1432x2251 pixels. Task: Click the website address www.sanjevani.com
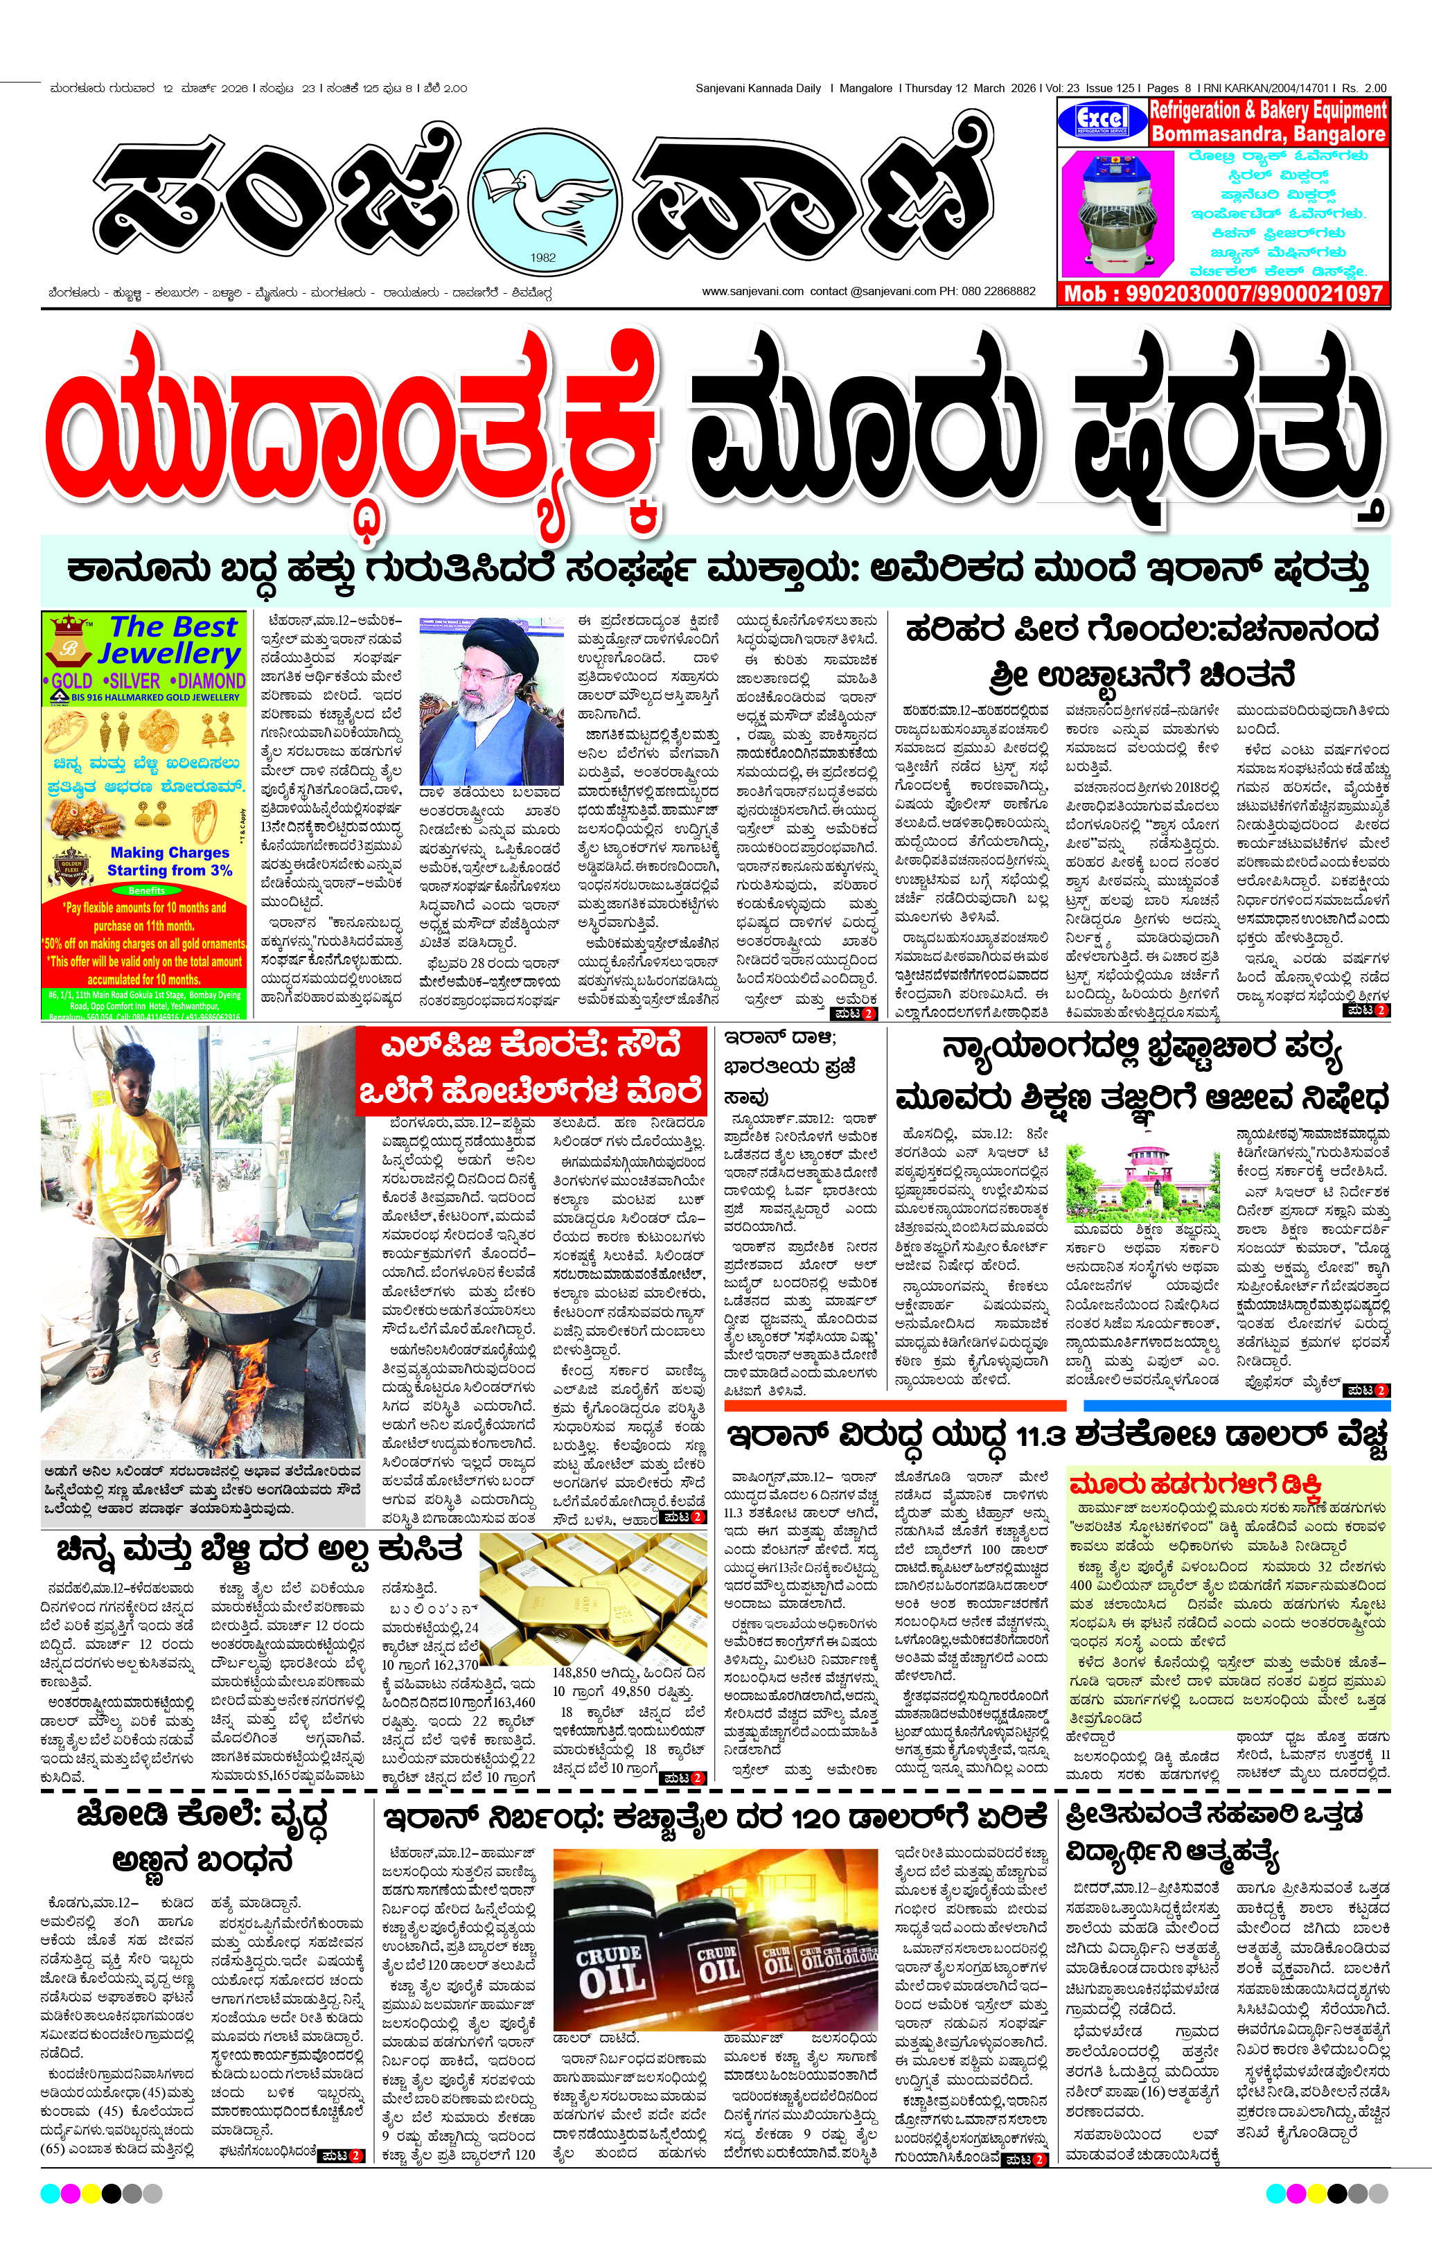click(752, 292)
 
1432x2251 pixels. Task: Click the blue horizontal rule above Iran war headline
click(1237, 1406)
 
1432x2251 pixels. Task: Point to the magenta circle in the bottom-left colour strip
click(70, 2192)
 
